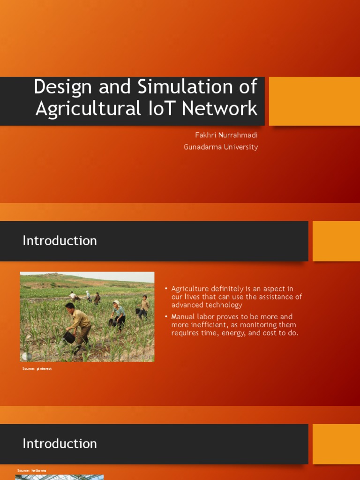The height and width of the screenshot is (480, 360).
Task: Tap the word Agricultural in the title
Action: (88, 109)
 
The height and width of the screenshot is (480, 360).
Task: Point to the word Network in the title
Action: (220, 109)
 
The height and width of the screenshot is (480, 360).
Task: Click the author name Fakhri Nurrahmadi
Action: (226, 135)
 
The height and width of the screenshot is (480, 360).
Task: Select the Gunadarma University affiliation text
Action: (221, 147)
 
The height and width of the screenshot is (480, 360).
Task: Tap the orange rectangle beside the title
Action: (315, 101)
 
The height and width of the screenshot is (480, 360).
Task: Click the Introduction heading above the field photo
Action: (60, 241)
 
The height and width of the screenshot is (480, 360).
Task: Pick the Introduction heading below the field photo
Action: (60, 444)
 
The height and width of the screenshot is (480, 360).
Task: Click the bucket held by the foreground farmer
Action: (69, 337)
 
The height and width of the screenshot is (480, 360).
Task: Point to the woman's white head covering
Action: (116, 303)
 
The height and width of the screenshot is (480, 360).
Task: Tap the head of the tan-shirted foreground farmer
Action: (70, 307)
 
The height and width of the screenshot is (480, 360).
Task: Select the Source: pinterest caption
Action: (37, 369)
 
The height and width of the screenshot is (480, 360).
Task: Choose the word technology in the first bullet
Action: (223, 305)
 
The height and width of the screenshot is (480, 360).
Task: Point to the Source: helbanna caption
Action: (32, 470)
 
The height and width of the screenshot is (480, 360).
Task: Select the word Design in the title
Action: (58, 87)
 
